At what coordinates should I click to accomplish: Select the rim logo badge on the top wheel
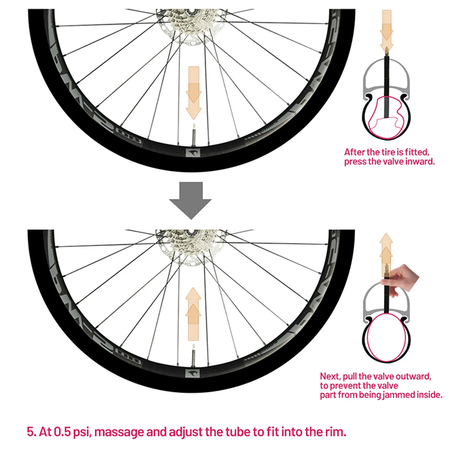click(x=193, y=153)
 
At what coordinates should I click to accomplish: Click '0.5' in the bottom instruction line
click(x=61, y=432)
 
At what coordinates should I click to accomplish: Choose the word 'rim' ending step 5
click(x=334, y=432)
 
